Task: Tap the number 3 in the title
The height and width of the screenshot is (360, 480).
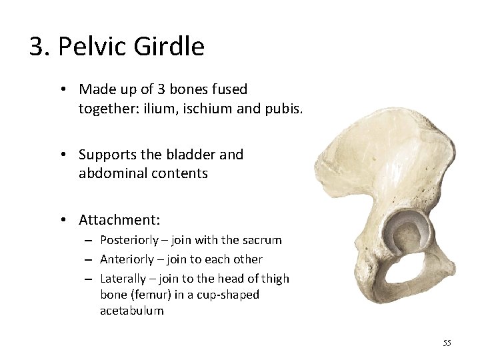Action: (37, 47)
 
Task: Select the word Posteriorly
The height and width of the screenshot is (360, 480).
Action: (128, 240)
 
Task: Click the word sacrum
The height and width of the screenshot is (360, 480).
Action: (263, 240)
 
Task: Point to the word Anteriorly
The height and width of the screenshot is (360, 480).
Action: (126, 259)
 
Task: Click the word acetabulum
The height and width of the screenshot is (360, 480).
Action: (131, 311)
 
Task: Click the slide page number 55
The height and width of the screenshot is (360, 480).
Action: (447, 343)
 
